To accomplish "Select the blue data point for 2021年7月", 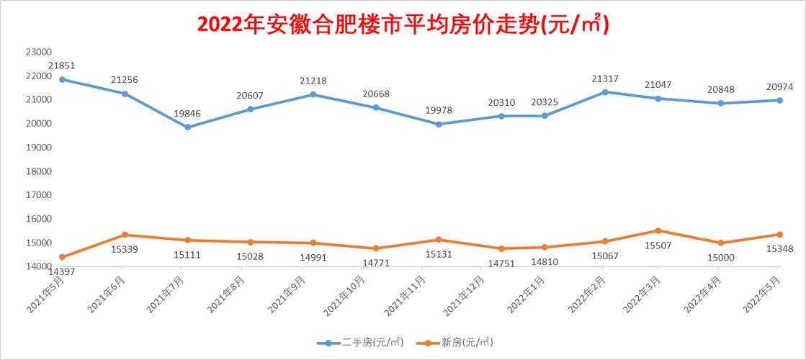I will [x=187, y=127].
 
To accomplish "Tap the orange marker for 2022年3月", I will [x=657, y=230].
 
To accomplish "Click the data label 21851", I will [x=62, y=66].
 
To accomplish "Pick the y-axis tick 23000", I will [x=38, y=52].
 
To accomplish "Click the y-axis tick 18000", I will [x=38, y=171].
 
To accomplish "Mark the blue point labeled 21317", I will [x=604, y=92].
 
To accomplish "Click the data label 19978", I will [x=439, y=109].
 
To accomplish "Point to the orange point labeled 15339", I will [x=125, y=235].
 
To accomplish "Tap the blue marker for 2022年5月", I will [x=779, y=100].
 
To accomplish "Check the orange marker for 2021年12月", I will [x=501, y=248].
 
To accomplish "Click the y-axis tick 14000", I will [x=38, y=266].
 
